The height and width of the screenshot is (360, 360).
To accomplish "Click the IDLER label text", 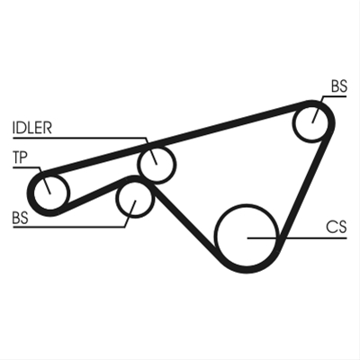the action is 32,128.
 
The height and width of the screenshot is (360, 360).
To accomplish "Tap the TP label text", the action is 20,157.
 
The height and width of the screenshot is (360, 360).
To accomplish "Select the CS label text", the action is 337,227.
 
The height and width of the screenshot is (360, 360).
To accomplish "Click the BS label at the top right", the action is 339,86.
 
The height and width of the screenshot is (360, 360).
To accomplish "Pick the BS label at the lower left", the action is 21,218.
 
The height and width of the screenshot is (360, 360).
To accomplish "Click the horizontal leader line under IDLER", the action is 80,138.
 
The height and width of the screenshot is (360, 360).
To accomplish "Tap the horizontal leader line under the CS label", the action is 297,238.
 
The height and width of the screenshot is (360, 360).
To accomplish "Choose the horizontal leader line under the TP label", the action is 26,167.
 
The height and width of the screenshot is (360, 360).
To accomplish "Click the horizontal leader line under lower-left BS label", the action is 68,227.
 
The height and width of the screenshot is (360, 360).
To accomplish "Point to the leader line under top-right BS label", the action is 334,96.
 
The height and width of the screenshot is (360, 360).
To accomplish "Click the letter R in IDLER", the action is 48,128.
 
